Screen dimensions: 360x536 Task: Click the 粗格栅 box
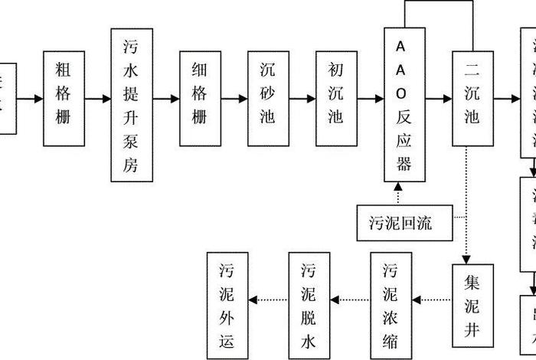pyautogui.click(x=64, y=98)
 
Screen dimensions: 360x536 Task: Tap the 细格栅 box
pyautogui.click(x=200, y=98)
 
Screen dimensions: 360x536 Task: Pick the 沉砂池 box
pyautogui.click(x=268, y=98)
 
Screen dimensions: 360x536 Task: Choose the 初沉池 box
pyautogui.click(x=336, y=98)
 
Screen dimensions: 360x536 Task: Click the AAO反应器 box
pyautogui.click(x=404, y=105)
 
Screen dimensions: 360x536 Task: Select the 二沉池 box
pyautogui.click(x=472, y=98)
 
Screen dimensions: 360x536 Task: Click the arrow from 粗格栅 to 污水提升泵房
pyautogui.click(x=98, y=99)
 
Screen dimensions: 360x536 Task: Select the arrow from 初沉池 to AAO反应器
pyautogui.click(x=371, y=99)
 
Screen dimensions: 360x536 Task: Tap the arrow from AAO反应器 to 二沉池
pyautogui.click(x=439, y=99)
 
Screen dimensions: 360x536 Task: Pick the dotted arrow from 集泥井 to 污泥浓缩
pyautogui.click(x=431, y=299)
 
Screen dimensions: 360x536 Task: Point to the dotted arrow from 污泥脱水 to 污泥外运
pyautogui.click(x=267, y=299)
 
